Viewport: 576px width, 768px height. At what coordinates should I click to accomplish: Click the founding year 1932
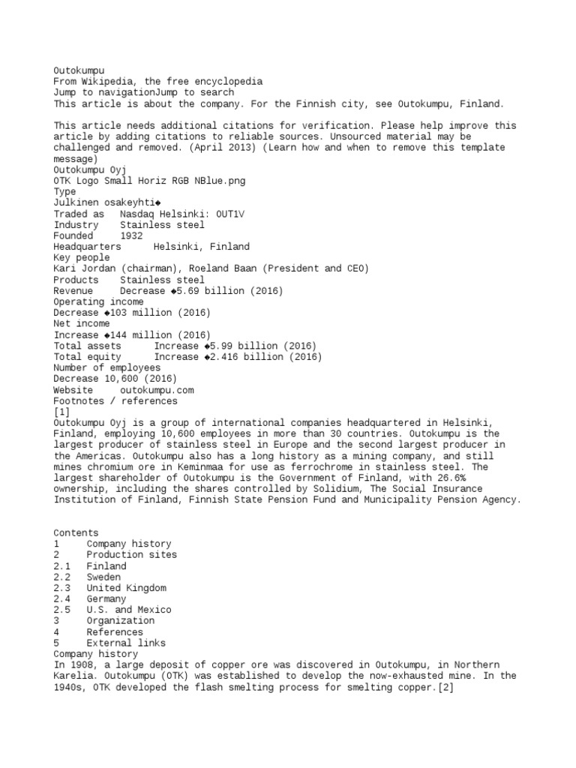coord(130,235)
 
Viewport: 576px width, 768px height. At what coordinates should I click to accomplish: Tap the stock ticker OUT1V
coord(229,214)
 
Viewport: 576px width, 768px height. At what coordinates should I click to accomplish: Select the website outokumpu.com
coord(157,390)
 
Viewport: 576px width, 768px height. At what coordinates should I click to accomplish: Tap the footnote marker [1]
coord(61,412)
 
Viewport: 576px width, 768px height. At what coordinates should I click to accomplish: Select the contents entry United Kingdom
coord(126,588)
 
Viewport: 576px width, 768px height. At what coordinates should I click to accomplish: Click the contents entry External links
coord(126,643)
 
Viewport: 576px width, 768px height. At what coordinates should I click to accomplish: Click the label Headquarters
coord(87,247)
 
